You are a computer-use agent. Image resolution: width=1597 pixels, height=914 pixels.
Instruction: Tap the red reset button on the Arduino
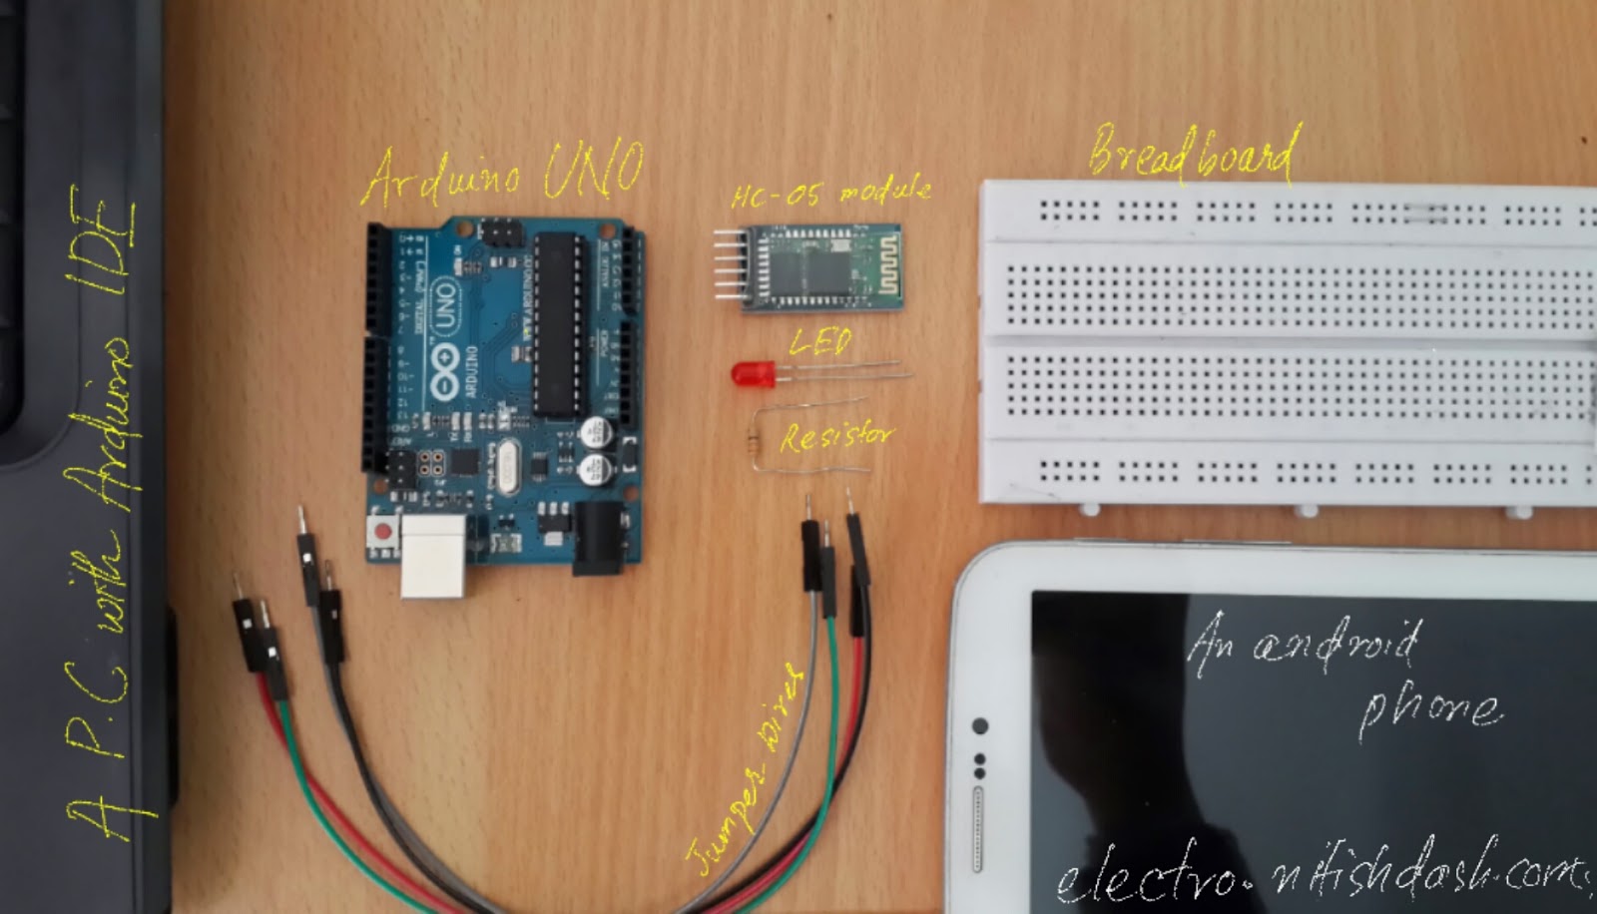click(381, 530)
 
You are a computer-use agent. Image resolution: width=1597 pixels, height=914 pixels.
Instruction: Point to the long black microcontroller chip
click(555, 324)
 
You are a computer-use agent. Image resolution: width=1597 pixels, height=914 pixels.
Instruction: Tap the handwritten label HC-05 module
click(830, 192)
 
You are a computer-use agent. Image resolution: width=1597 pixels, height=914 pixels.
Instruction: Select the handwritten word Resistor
click(836, 436)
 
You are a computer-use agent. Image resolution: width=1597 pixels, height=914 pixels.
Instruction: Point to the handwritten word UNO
click(593, 170)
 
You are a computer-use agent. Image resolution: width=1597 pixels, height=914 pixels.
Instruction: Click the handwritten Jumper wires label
click(744, 773)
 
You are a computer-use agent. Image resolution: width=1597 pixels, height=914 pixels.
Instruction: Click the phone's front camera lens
click(980, 725)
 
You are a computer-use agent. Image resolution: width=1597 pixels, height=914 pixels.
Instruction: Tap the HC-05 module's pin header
click(729, 263)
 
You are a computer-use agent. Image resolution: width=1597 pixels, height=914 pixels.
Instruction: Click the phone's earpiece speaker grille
click(978, 829)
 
